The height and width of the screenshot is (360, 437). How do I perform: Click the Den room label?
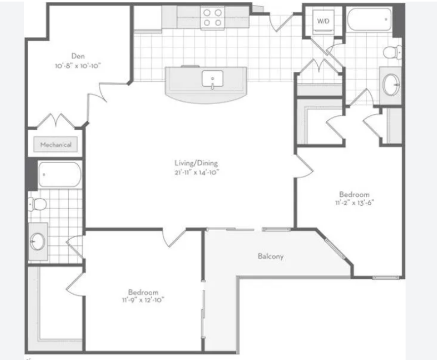click(x=78, y=56)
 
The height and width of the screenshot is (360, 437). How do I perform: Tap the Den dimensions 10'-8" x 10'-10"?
click(x=78, y=66)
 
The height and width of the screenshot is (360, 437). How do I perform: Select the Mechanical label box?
click(x=55, y=145)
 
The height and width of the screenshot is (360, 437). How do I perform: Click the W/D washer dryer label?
click(x=323, y=21)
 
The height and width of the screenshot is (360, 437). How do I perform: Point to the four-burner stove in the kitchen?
click(x=212, y=18)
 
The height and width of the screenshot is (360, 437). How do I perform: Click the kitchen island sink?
click(x=212, y=79)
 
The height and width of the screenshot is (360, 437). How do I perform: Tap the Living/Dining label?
click(x=196, y=163)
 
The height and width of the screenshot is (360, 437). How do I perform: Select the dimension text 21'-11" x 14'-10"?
click(x=197, y=172)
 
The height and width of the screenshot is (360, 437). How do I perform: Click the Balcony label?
click(x=270, y=256)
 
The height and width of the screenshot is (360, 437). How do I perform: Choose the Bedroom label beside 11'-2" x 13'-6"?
click(x=354, y=194)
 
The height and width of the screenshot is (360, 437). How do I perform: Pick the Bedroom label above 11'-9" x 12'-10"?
click(x=143, y=292)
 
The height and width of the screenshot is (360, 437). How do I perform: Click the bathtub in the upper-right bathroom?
click(x=369, y=20)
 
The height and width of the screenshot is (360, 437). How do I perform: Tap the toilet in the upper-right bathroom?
click(x=393, y=52)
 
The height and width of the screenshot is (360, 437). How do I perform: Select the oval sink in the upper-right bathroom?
click(x=391, y=84)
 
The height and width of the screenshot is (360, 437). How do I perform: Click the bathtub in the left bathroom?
click(x=60, y=175)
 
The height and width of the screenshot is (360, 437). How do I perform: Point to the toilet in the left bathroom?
click(x=37, y=204)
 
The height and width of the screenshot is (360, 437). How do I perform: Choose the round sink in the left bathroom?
click(x=37, y=241)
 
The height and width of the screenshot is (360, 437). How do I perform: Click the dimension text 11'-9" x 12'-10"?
click(x=143, y=300)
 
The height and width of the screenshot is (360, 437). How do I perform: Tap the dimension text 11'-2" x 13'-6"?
click(x=354, y=203)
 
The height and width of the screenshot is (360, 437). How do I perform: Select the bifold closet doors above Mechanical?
click(x=56, y=121)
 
